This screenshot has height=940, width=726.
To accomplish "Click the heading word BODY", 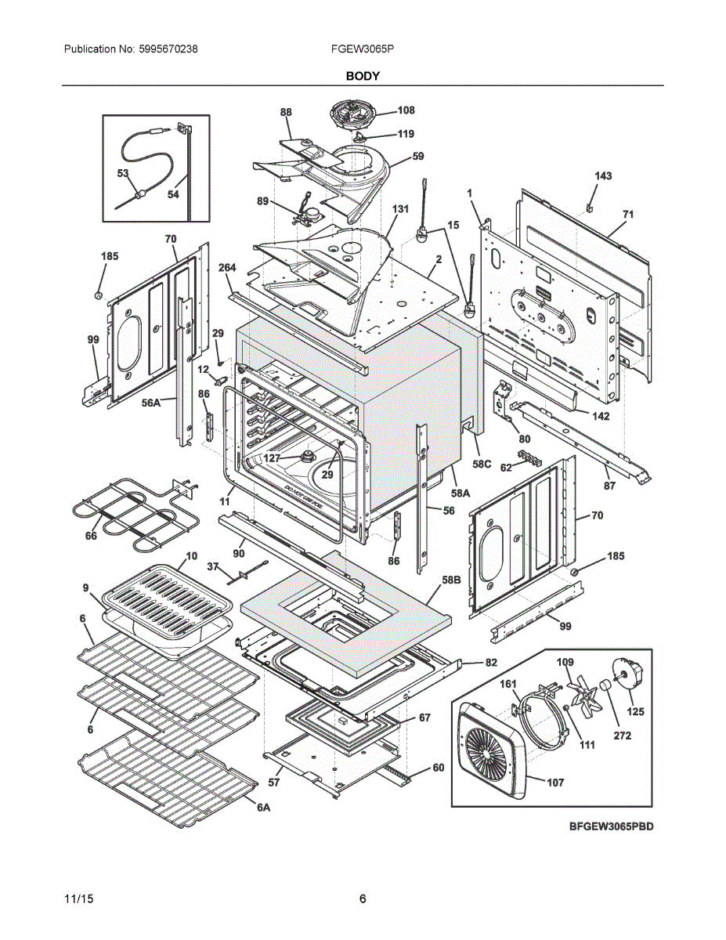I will [x=363, y=76].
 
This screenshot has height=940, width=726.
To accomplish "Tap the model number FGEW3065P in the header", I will [x=363, y=49].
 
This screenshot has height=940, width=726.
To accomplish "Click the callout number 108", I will [x=406, y=110].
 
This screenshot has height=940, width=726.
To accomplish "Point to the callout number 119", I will [x=405, y=134].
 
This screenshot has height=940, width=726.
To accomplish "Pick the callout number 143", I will [x=603, y=176].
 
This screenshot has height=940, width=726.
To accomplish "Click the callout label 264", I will [x=227, y=268].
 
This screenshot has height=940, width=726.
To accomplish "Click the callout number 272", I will [x=622, y=736].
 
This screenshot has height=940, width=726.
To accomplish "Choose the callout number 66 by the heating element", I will [x=92, y=536].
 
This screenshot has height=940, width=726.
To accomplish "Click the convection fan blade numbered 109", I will [x=583, y=691].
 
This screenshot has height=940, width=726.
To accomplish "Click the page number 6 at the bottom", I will [x=363, y=899].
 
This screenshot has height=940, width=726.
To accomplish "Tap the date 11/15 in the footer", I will [x=76, y=899].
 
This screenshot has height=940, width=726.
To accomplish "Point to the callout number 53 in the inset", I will [x=123, y=173].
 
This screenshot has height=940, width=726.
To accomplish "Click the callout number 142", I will [x=601, y=416].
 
